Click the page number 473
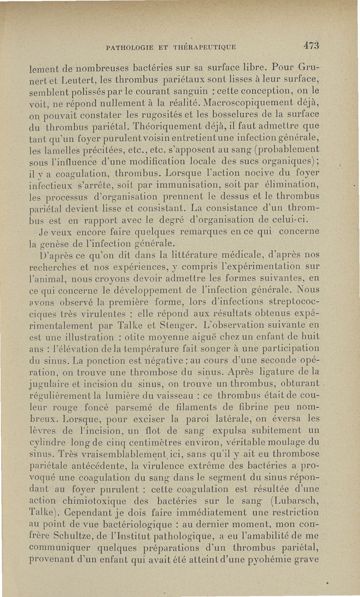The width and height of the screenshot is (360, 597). [x=311, y=45]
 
